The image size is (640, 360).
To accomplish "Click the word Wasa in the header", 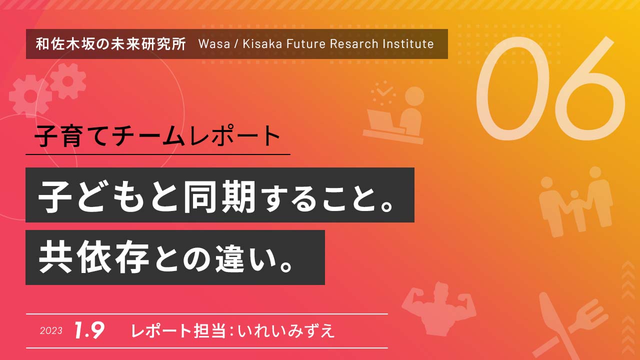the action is (214, 44).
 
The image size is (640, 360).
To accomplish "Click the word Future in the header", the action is (306, 44).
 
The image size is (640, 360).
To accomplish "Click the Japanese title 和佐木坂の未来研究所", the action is (111, 44).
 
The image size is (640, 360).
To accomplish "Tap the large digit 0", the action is (511, 88).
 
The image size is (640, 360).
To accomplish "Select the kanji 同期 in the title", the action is (219, 197).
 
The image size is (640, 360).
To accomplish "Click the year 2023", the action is (51, 331).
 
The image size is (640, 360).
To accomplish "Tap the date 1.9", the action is (89, 330).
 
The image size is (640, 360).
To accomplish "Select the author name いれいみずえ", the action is (286, 331).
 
